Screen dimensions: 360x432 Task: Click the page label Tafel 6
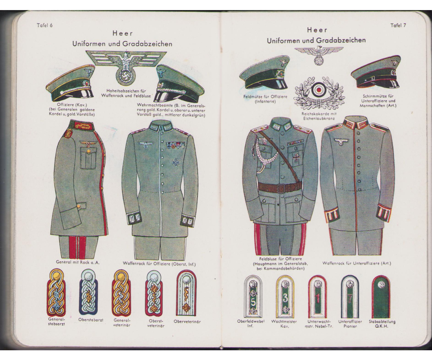click(45, 26)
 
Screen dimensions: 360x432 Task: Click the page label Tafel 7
click(398, 26)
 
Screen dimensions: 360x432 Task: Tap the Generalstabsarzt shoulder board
click(57, 292)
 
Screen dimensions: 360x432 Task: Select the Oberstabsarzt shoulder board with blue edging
click(89, 292)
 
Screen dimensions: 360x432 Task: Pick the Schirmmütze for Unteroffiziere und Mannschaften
click(375, 72)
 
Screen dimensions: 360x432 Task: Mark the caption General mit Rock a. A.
click(78, 262)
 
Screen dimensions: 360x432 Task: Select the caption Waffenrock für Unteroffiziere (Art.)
click(357, 263)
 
